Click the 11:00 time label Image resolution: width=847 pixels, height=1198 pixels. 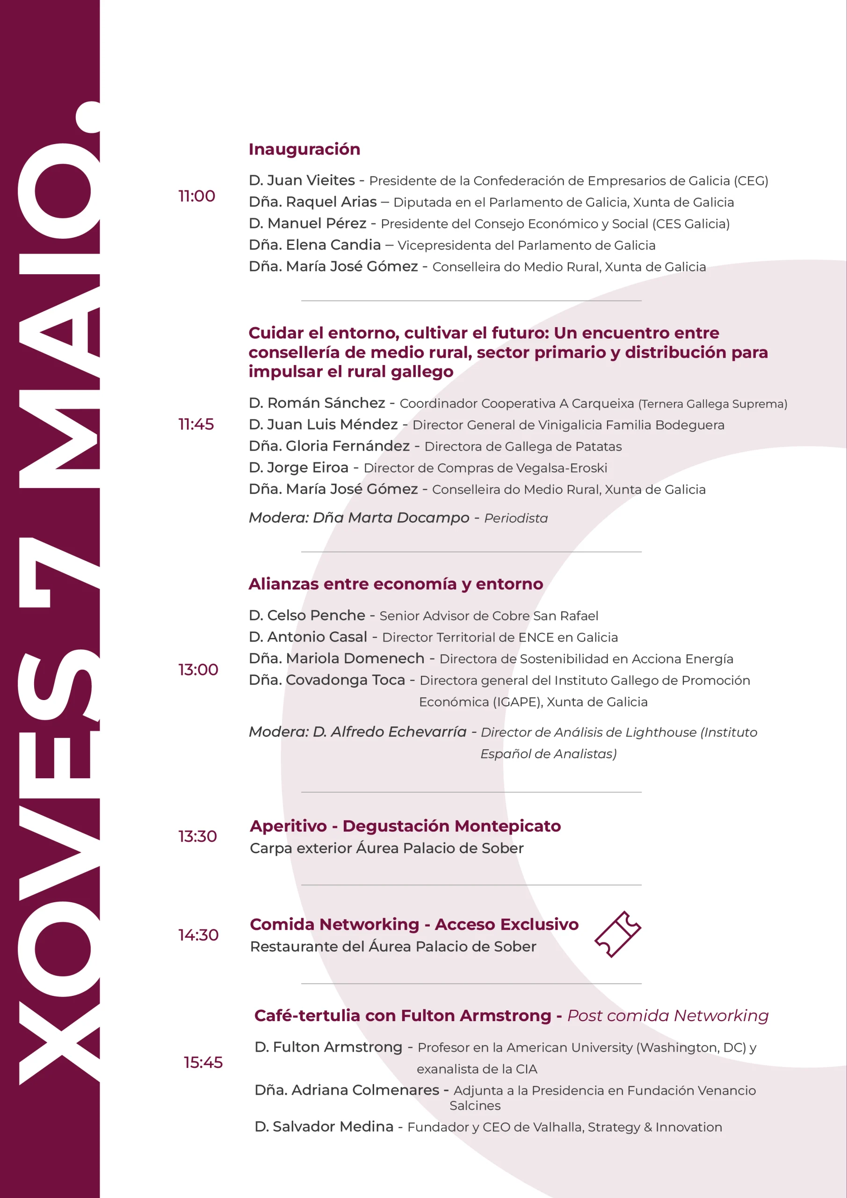(x=196, y=196)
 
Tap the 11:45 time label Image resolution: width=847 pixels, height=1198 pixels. (x=196, y=424)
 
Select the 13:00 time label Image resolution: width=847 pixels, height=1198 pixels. (x=198, y=670)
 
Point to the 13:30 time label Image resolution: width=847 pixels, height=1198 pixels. (x=198, y=836)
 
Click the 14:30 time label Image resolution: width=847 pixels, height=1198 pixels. (x=198, y=935)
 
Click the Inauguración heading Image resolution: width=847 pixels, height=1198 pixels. (x=304, y=149)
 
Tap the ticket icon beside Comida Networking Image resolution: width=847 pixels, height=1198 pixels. (x=617, y=935)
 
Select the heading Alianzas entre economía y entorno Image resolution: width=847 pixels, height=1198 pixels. (x=395, y=584)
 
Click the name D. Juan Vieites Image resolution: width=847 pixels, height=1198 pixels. (x=302, y=181)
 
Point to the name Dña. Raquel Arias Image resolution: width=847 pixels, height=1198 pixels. (x=312, y=202)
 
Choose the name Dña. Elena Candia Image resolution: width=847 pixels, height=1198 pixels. (x=314, y=245)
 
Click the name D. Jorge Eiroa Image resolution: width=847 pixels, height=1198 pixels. (x=298, y=468)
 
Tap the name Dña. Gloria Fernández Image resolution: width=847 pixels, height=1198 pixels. (x=329, y=446)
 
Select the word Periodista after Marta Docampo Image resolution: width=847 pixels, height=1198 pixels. (x=516, y=519)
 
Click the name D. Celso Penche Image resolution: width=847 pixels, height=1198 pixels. (x=307, y=616)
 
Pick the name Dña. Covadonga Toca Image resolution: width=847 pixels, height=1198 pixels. (x=326, y=680)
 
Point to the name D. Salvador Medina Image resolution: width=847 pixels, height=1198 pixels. (x=324, y=1126)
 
